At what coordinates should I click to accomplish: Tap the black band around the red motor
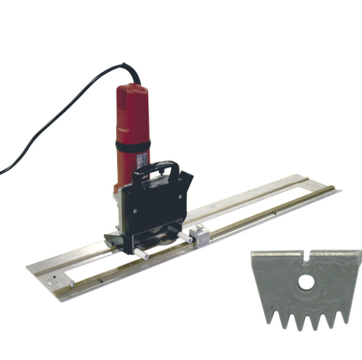click(x=133, y=147)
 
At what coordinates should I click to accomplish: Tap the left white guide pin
click(x=141, y=251)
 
